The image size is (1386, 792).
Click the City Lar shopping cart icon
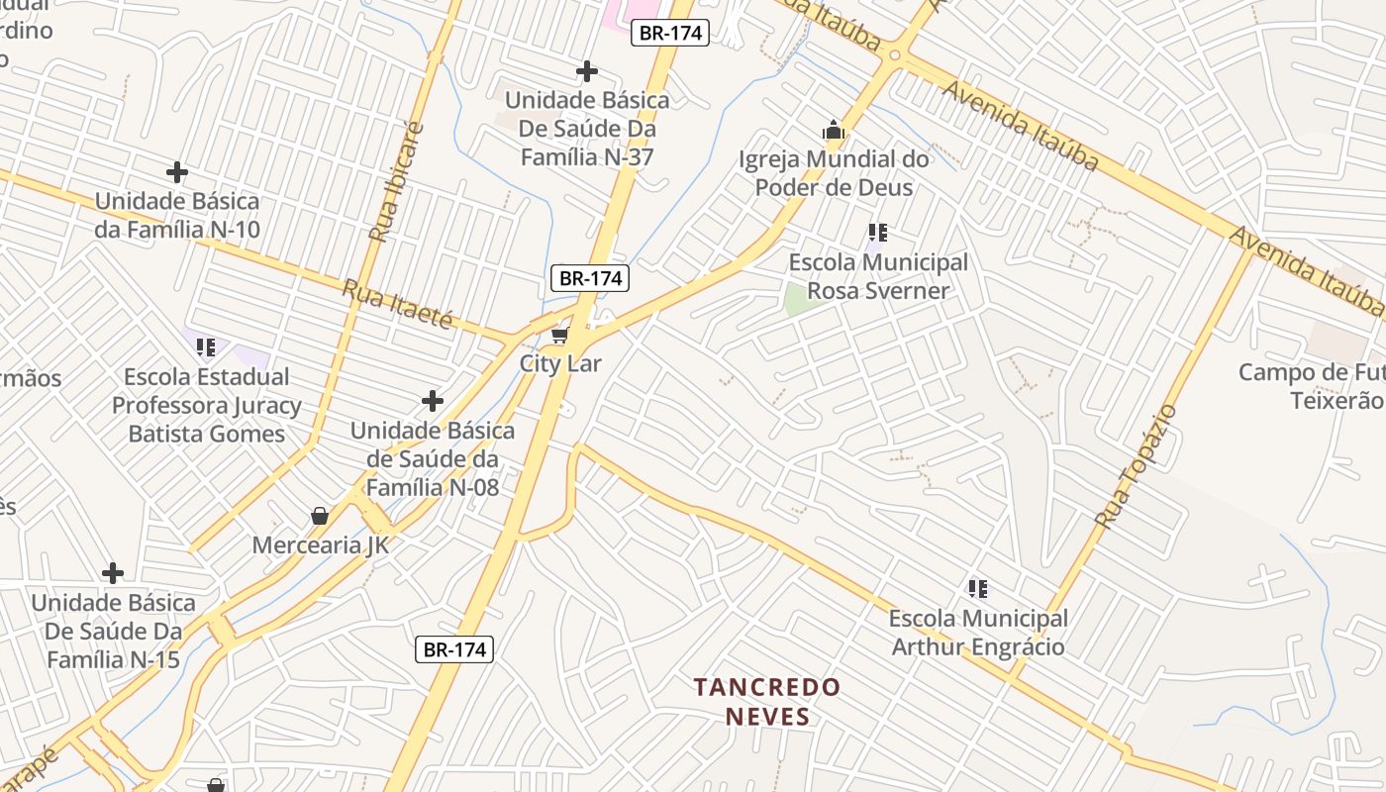coord(560,336)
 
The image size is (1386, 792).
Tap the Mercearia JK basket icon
coord(320,516)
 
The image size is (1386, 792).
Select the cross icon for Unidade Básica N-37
coord(587,71)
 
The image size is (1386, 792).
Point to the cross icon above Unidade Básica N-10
coord(177,172)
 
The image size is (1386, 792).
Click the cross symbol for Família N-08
coord(433,401)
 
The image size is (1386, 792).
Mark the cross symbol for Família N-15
coord(113,573)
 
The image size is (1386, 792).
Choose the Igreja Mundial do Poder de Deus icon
coord(834,130)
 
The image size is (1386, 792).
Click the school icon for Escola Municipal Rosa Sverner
coord(877,234)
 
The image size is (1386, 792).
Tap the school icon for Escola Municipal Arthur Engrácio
coord(978,590)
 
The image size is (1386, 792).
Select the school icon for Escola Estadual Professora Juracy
coord(206,347)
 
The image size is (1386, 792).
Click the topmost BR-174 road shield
coord(670,33)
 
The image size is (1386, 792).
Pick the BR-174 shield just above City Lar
coord(590,278)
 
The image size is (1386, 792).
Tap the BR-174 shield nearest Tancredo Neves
coord(453,649)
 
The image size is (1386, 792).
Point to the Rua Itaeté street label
coord(397,305)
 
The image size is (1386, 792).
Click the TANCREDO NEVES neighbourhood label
coord(767,701)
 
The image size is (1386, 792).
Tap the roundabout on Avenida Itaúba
coord(895,54)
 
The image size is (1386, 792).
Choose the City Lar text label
coord(560,363)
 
